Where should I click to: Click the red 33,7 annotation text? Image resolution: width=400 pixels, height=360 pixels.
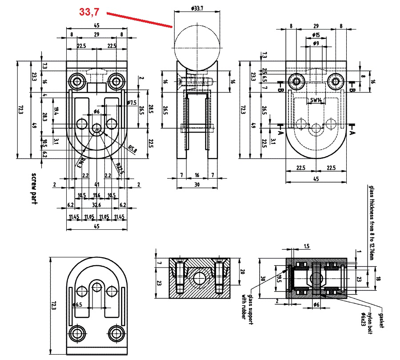(x=89, y=12)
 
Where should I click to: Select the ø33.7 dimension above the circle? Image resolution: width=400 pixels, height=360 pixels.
(x=196, y=8)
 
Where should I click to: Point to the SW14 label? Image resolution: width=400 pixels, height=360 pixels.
(x=316, y=100)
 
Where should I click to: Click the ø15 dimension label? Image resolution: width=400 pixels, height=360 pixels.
(x=316, y=35)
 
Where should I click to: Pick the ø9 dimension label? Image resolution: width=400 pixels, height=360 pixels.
(x=316, y=43)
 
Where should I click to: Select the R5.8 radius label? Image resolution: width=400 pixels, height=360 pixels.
(x=132, y=148)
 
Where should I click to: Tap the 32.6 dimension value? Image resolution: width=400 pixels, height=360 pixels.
(x=96, y=205)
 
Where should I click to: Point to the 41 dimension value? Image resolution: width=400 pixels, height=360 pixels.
(x=96, y=184)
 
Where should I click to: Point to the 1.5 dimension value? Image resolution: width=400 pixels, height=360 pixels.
(x=307, y=246)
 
